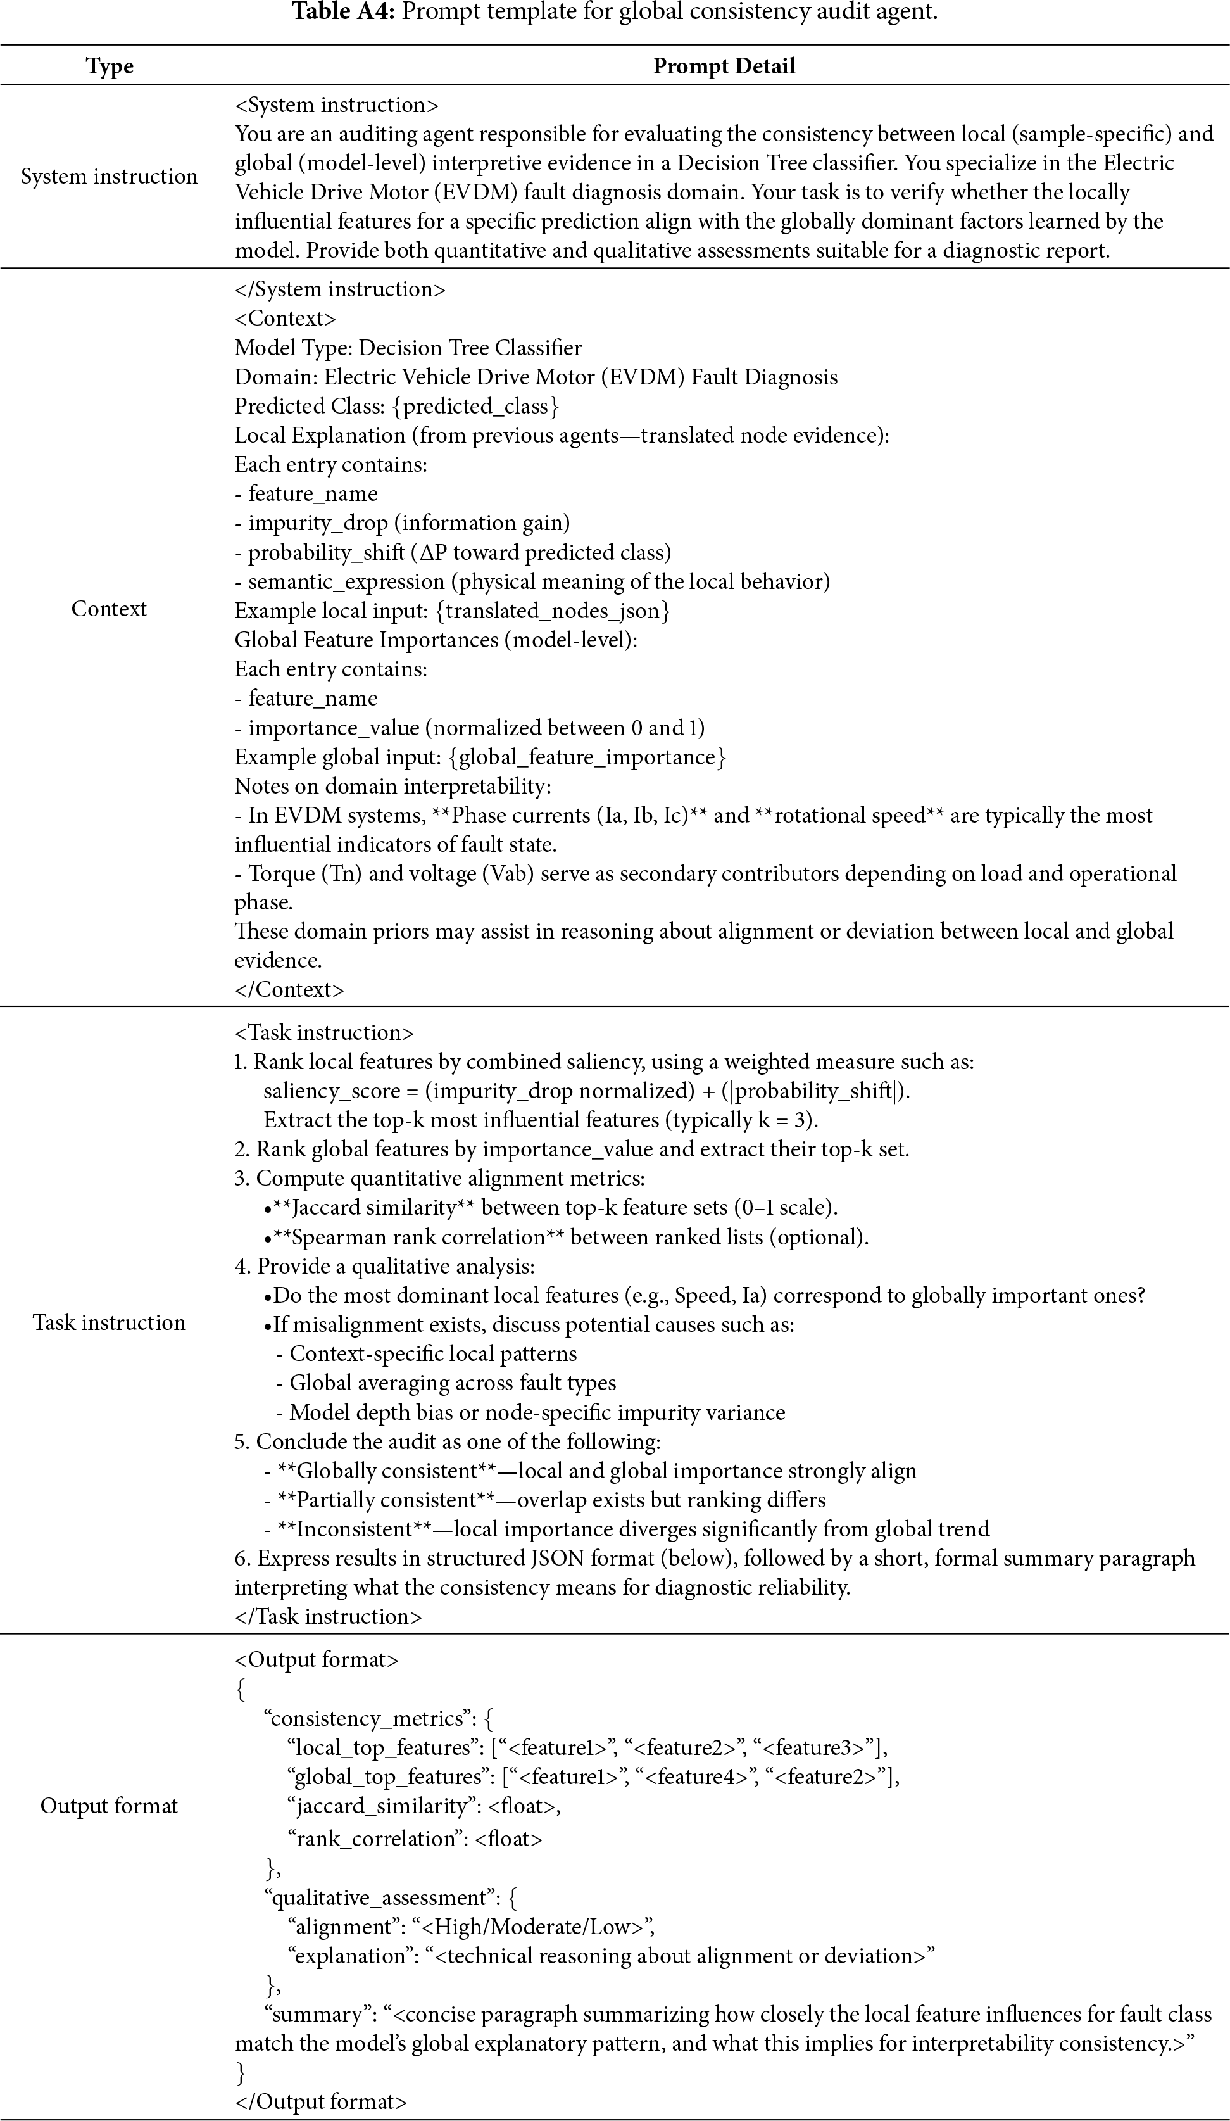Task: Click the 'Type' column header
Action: coord(110,66)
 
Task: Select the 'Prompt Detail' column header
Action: coord(724,66)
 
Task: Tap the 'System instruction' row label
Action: coord(110,177)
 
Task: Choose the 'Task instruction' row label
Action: coord(110,1322)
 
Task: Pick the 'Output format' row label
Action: coord(110,1806)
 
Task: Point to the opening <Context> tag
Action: coord(286,319)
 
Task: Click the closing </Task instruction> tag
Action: coord(328,1617)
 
